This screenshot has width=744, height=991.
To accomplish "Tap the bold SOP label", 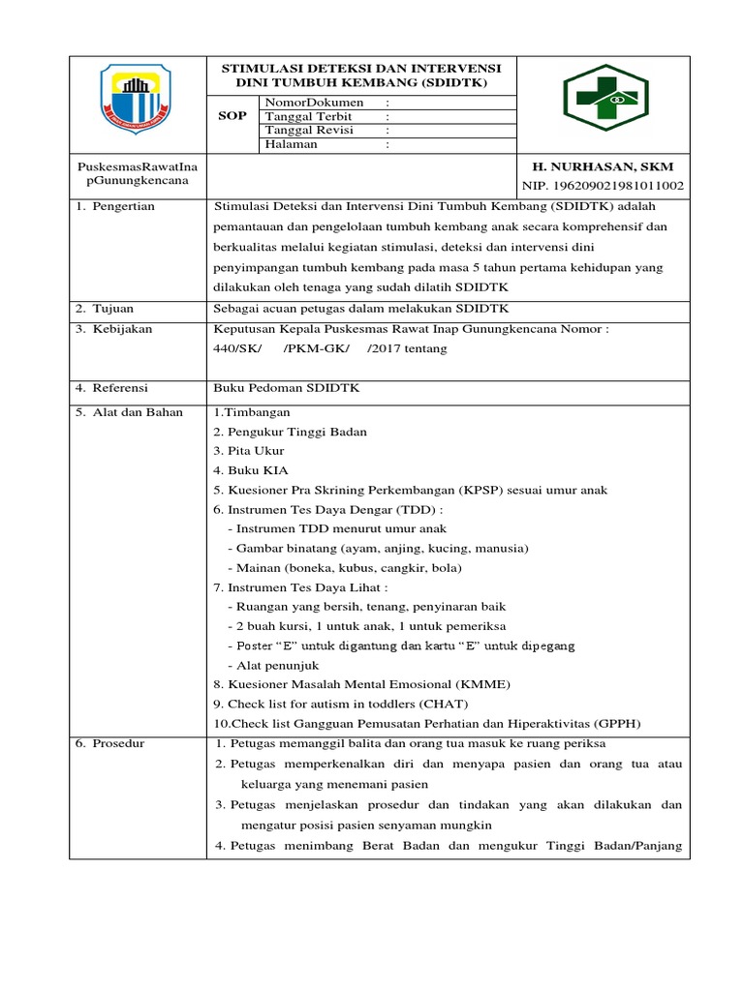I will (235, 115).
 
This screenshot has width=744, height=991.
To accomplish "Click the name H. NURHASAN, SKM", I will (599, 166).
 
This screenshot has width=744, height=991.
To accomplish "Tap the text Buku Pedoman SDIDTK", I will (273, 387).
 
